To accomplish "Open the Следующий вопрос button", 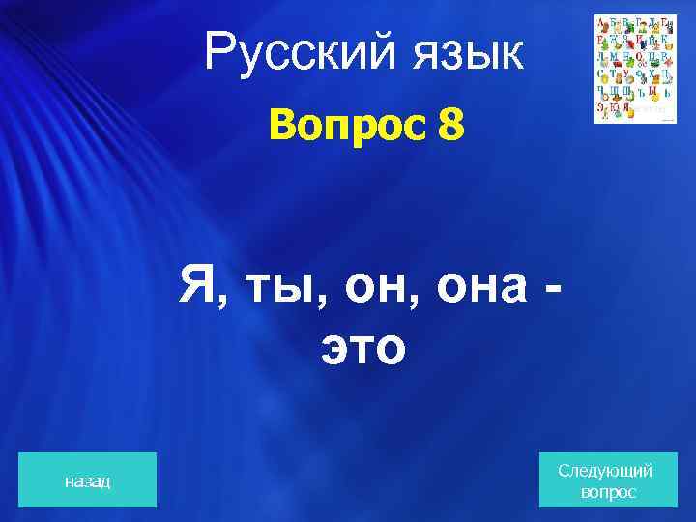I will [x=605, y=479].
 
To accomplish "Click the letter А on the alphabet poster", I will [x=601, y=22].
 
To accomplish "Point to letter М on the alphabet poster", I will [x=614, y=57].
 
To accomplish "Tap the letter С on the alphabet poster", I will [x=601, y=74].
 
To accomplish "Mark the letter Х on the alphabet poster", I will [x=652, y=74].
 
